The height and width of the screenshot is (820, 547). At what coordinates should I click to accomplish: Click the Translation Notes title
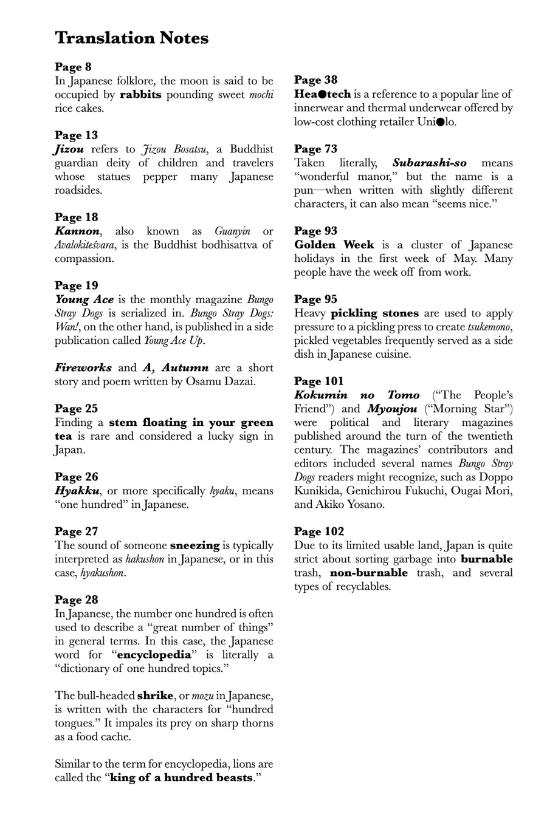[131, 38]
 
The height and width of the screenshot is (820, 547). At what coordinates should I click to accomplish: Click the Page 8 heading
[73, 67]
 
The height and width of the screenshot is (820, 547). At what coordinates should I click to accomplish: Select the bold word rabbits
[140, 95]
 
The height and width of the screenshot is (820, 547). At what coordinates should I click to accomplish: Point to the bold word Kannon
[77, 231]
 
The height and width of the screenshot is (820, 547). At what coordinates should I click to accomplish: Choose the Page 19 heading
[76, 285]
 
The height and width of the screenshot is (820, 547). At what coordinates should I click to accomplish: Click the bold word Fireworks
[83, 368]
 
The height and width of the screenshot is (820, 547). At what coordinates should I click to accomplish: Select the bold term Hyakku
[77, 491]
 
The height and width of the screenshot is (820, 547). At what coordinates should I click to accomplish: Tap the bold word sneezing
[194, 545]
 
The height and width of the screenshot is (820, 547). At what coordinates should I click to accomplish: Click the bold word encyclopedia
[154, 655]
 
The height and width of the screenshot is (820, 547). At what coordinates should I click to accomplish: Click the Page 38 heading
[315, 80]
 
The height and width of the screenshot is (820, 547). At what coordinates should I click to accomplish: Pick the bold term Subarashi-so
[430, 163]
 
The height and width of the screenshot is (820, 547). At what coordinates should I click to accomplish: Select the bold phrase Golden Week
[334, 245]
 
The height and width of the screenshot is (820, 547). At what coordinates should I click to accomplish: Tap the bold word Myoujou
[393, 409]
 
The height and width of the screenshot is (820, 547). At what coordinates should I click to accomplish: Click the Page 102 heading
[318, 531]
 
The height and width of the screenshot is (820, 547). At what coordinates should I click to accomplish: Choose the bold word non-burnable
[369, 573]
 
